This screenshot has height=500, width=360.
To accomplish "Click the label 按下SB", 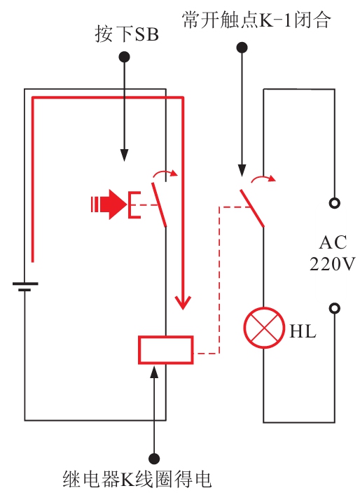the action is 127,34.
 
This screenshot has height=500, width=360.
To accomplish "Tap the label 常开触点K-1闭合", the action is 256,20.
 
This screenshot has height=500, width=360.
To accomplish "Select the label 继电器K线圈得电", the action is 137,479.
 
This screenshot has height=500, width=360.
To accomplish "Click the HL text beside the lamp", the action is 303,331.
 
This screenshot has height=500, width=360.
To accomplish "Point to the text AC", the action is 333,242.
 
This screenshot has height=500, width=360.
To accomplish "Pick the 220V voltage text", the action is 332,264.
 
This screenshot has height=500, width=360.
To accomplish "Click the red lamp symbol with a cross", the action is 264,328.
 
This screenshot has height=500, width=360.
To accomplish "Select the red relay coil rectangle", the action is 166,350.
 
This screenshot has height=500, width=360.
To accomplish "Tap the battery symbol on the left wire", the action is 25,286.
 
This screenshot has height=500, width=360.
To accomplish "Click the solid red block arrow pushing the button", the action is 109,204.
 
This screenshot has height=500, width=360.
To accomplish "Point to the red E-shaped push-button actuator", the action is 134,204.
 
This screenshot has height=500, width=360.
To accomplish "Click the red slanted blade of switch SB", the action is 159,204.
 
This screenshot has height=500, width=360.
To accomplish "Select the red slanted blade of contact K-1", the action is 252,208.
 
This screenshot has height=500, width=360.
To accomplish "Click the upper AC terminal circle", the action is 335,203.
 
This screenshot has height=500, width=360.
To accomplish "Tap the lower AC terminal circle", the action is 335,308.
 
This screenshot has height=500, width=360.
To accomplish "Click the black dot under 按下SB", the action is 124,57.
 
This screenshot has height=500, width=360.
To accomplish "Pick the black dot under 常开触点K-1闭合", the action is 242,48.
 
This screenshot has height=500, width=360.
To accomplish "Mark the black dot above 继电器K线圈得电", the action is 154,459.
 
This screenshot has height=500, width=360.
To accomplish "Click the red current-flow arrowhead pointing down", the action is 183,303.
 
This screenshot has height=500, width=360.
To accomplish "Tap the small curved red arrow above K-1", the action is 263,179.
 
